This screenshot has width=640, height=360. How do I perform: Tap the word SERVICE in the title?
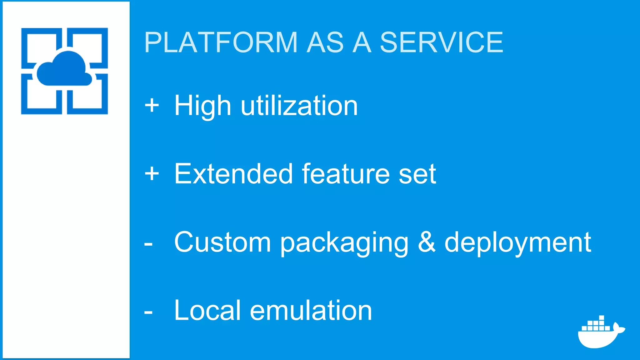[441, 42]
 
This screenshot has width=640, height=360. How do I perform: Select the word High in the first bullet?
[202, 106]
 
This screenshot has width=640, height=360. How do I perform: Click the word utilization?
[299, 106]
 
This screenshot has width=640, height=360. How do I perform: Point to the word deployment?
[517, 243]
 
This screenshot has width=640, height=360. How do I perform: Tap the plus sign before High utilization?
[152, 105]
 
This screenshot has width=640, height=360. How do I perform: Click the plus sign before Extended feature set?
[152, 173]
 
